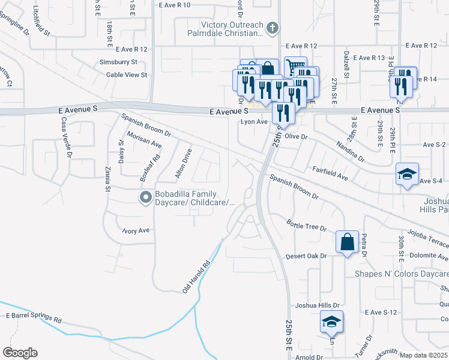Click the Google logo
click(x=20, y=353)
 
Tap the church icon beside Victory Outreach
click(x=272, y=28)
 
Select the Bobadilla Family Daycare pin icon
click(x=145, y=197)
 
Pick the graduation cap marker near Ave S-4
click(x=407, y=175)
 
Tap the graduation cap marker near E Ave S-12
click(x=331, y=322)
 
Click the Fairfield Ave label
click(x=331, y=174)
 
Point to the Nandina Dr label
click(x=350, y=151)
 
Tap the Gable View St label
click(x=127, y=74)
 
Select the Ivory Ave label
click(x=135, y=230)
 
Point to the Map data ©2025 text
click(x=424, y=355)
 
